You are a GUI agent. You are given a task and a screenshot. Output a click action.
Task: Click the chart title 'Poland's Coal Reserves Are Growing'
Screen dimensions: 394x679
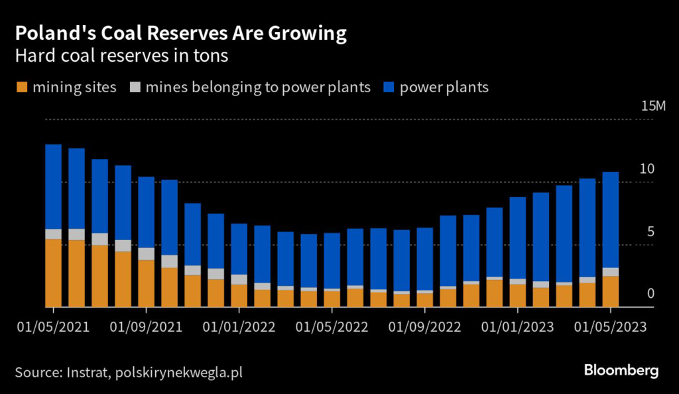click(x=180, y=33)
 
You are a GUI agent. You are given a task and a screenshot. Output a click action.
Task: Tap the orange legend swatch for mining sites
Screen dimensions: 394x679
click(x=21, y=88)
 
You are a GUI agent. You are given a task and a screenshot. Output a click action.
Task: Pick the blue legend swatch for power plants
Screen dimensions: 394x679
click(x=389, y=88)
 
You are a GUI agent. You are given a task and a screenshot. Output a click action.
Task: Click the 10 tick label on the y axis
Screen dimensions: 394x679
click(x=646, y=169)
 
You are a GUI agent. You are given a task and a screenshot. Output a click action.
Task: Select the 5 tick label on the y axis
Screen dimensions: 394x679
click(x=650, y=231)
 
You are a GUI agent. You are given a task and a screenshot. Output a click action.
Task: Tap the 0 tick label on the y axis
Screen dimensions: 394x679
click(x=650, y=294)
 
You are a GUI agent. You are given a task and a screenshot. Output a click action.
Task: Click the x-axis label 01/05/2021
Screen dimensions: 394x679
click(x=53, y=326)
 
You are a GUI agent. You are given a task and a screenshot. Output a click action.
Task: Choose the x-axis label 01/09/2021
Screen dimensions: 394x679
click(x=146, y=326)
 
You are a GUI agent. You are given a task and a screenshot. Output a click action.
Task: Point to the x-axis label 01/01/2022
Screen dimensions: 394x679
click(x=239, y=326)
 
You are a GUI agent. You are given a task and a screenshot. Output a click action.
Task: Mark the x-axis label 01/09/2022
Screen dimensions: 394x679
click(x=424, y=326)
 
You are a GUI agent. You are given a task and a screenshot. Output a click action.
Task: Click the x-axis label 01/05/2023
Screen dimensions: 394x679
click(x=610, y=326)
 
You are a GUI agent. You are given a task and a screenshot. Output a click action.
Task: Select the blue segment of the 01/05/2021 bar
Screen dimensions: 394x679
click(x=53, y=186)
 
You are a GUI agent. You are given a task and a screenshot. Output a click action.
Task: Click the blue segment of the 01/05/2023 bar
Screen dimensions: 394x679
click(x=610, y=220)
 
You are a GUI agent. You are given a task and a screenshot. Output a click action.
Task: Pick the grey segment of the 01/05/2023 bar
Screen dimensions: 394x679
click(x=610, y=272)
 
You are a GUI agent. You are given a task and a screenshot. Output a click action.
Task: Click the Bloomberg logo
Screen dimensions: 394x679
click(x=621, y=370)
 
